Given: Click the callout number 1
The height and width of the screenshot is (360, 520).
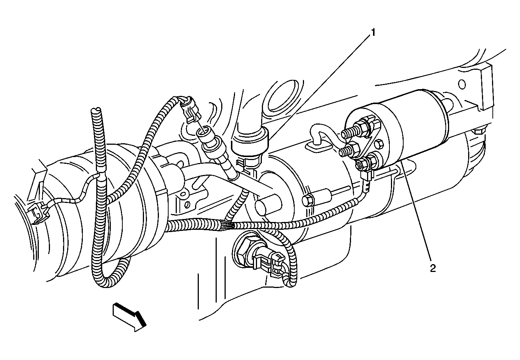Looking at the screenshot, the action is click(373, 33).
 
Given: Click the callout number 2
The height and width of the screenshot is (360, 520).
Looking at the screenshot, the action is click(432, 268).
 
